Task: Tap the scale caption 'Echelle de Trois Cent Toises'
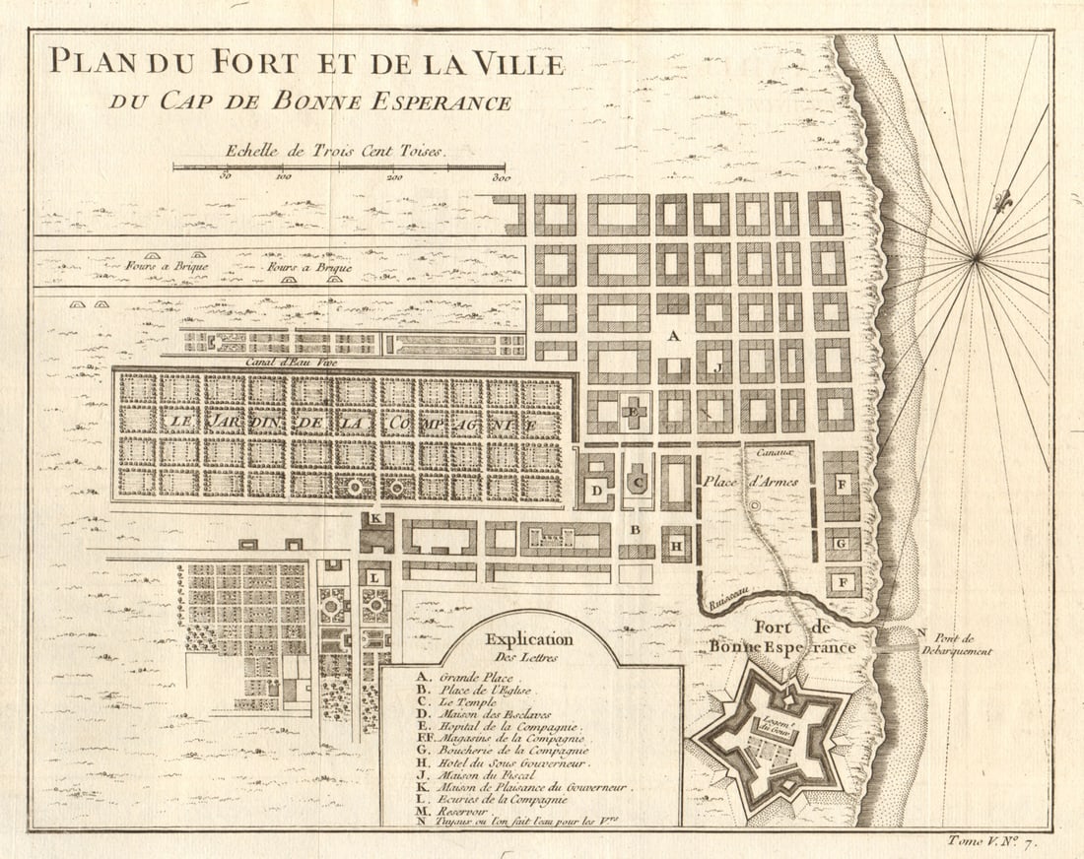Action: (x=335, y=152)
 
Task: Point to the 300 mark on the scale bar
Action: (x=500, y=178)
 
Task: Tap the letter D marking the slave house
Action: (x=596, y=490)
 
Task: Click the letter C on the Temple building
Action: (x=638, y=483)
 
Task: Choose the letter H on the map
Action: (x=677, y=545)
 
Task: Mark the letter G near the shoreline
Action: (x=842, y=543)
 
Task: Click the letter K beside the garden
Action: (x=375, y=518)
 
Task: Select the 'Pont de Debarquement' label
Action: (x=957, y=643)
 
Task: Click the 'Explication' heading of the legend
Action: (x=528, y=639)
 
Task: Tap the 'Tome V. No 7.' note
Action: (x=1003, y=840)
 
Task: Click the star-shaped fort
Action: (x=773, y=736)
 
